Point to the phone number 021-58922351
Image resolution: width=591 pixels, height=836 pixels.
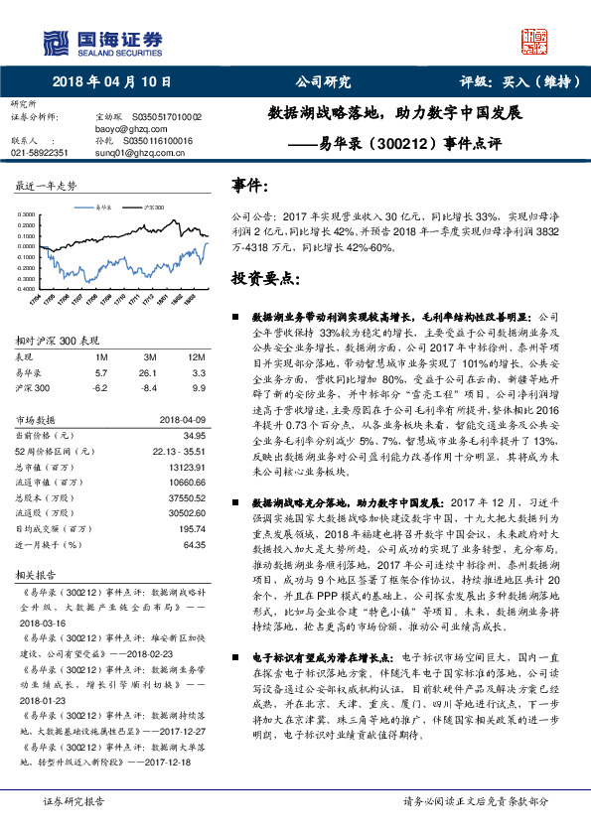click(39, 153)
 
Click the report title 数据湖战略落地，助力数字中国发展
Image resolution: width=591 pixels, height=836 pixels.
click(396, 113)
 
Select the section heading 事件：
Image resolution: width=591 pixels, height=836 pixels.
click(249, 186)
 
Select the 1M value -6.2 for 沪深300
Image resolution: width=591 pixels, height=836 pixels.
click(100, 387)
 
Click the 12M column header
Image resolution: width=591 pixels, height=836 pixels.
click(197, 356)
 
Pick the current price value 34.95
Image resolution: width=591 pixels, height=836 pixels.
click(196, 435)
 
